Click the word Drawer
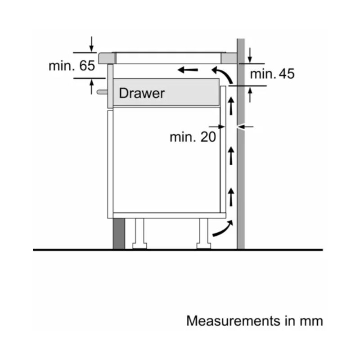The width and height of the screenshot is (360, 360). [x=142, y=93]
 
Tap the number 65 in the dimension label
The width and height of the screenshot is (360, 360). [x=87, y=66]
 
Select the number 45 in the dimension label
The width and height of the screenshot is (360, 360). [x=287, y=74]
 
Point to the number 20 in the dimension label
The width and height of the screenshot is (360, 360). [x=208, y=137]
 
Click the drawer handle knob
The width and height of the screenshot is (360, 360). [x=102, y=92]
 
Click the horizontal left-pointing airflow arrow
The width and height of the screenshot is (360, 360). [x=188, y=70]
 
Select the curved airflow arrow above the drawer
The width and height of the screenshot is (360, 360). [x=222, y=75]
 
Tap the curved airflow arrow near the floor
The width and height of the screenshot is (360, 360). [x=223, y=228]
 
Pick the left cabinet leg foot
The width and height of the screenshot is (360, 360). [x=139, y=246]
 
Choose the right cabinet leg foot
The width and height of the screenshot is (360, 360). [x=204, y=246]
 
